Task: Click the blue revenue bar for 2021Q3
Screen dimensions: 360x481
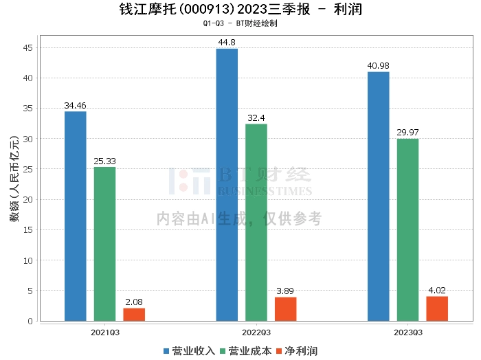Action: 76,216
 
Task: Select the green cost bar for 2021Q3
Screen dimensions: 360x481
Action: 105,244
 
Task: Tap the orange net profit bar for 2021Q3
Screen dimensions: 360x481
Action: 134,315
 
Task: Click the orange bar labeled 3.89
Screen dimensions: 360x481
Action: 286,309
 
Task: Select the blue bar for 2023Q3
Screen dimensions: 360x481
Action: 379,196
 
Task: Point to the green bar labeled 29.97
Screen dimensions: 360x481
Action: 407,229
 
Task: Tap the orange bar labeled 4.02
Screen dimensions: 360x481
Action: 437,308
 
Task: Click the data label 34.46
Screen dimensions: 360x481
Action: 76,106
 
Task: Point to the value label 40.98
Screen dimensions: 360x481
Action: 379,66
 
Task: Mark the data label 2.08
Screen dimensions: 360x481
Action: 134,302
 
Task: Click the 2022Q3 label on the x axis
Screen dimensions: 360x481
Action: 256,332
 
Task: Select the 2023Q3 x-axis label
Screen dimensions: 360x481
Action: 407,332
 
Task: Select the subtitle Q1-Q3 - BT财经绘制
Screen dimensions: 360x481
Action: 240,23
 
